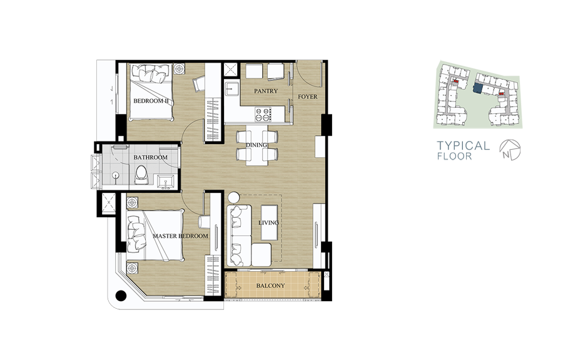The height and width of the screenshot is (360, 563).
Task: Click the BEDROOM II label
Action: [x=151, y=101]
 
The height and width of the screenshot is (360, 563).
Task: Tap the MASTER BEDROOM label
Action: [x=180, y=236]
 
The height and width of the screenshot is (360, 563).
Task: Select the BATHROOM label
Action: [x=150, y=157]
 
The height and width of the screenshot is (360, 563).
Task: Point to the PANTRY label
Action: [x=266, y=91]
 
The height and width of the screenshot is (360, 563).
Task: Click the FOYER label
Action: [x=307, y=96]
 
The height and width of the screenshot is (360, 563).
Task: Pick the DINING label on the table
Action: [x=256, y=145]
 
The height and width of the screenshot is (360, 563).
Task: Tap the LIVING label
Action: [x=268, y=223]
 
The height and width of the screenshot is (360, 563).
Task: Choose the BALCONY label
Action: [x=270, y=285]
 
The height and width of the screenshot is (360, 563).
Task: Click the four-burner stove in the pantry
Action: [x=263, y=114]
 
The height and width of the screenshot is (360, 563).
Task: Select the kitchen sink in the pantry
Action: [x=232, y=88]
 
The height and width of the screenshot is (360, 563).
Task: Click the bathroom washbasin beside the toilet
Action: [x=166, y=182]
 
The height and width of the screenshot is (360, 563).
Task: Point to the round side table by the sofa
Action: [x=233, y=197]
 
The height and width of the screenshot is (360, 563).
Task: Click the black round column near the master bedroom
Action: [x=121, y=296]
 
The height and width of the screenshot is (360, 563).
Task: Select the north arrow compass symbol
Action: [x=510, y=150]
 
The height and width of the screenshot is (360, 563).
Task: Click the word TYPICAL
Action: [x=463, y=145]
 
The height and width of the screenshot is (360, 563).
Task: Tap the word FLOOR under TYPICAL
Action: [x=455, y=157]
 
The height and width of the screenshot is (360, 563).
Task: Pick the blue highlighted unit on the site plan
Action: [x=477, y=88]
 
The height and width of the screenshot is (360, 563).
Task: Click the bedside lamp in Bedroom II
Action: [x=179, y=68]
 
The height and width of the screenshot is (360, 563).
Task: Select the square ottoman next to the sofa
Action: [x=261, y=255]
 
